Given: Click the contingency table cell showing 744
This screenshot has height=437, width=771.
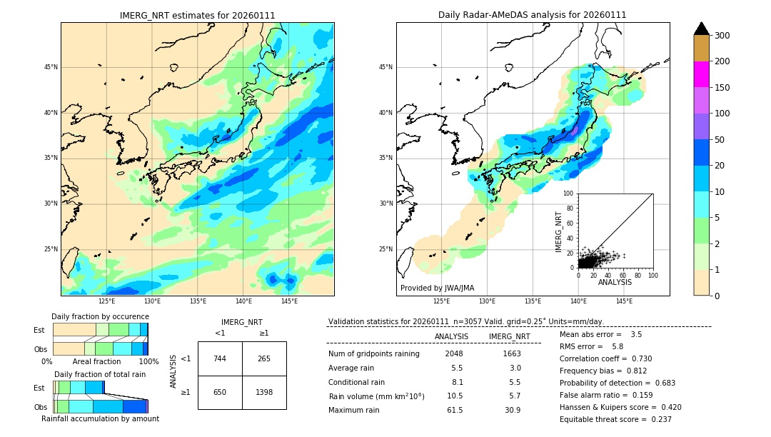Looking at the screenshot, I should pos(220,358).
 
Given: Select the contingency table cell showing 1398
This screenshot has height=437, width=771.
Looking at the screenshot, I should pos(264,392).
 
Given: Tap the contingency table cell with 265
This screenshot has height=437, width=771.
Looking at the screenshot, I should pos(264,358).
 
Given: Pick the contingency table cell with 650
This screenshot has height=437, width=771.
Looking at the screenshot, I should pos(220,392).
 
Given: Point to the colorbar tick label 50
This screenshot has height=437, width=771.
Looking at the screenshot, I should pos(721,140).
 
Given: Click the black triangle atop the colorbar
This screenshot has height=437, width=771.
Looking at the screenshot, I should pos(701,29).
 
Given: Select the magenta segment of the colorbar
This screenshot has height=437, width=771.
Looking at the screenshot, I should pos(701,74).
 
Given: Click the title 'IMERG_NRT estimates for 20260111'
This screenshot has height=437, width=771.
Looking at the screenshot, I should pos(197,16).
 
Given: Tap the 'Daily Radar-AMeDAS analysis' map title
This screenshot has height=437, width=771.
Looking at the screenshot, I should pos(533,16).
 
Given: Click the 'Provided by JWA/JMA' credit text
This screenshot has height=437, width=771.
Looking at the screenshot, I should pos(437,288).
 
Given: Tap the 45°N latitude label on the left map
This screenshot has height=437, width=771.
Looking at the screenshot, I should pos(51,67).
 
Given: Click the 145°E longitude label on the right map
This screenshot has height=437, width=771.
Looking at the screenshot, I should pos(624,301).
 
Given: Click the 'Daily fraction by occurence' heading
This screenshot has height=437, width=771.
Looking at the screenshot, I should pos(100,316).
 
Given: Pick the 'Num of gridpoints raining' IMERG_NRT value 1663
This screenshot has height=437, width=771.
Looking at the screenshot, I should pos(511,353).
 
